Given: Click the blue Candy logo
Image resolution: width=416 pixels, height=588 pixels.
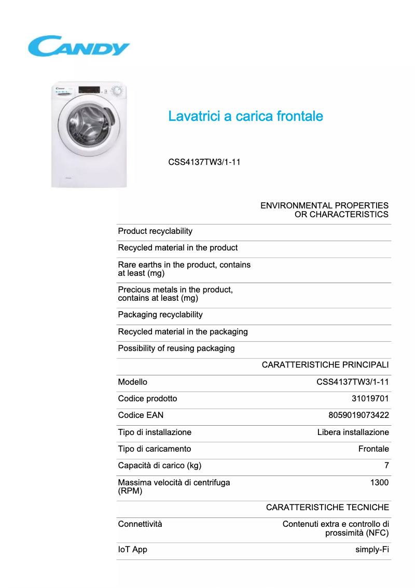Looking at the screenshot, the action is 78,46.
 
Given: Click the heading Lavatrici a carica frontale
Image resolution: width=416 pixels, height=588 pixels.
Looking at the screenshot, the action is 245,116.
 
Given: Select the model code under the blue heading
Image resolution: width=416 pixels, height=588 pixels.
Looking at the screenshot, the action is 204,162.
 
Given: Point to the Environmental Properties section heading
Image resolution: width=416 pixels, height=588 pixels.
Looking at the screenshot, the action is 324,210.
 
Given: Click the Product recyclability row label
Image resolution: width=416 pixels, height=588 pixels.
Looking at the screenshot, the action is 155,231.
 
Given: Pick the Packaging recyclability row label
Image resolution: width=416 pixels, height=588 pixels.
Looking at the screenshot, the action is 160,315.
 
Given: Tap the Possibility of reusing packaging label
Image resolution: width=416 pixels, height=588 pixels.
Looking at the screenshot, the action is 176,348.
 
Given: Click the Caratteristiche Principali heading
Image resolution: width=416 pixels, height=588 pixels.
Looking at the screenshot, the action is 325,365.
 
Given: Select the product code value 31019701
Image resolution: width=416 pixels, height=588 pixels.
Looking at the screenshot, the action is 370,399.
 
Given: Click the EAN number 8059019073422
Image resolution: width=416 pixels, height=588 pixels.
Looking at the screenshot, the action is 358,415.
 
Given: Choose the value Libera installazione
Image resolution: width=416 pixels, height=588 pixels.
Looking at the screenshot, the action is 353,432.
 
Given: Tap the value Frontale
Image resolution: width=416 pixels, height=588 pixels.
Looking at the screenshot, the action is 373,449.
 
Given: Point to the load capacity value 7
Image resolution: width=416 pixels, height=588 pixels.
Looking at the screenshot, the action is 386,466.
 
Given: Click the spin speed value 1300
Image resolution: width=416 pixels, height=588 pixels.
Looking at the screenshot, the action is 379,483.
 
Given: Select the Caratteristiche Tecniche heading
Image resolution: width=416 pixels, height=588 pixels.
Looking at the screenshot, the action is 327,508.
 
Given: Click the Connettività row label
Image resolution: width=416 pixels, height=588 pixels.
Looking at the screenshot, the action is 140,524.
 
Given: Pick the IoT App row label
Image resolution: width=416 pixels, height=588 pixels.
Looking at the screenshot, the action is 133,550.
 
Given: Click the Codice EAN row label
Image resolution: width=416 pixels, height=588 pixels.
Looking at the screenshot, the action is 141,415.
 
